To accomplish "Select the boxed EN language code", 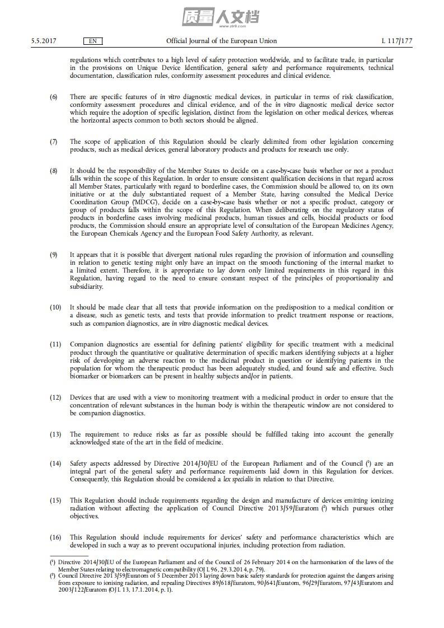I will pyautogui.click(x=93, y=41).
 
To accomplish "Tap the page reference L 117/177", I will pyautogui.click(x=396, y=41).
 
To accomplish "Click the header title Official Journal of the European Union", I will pyautogui.click(x=221, y=41).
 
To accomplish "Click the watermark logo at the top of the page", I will pyautogui.click(x=221, y=17).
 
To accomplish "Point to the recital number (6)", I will pyautogui.click(x=54, y=97).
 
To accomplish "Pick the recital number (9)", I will pyautogui.click(x=54, y=255).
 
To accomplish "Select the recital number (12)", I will pyautogui.click(x=55, y=397).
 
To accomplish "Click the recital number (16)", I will pyautogui.click(x=55, y=537).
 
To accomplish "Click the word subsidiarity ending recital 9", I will pyautogui.click(x=87, y=287).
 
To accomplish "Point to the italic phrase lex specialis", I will pyautogui.click(x=239, y=480).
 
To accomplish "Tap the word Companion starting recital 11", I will pyautogui.click(x=86, y=344).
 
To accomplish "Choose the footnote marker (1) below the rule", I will pyautogui.click(x=52, y=562).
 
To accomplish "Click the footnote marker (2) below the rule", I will pyautogui.click(x=52, y=575).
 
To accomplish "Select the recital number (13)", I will pyautogui.click(x=55, y=434).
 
